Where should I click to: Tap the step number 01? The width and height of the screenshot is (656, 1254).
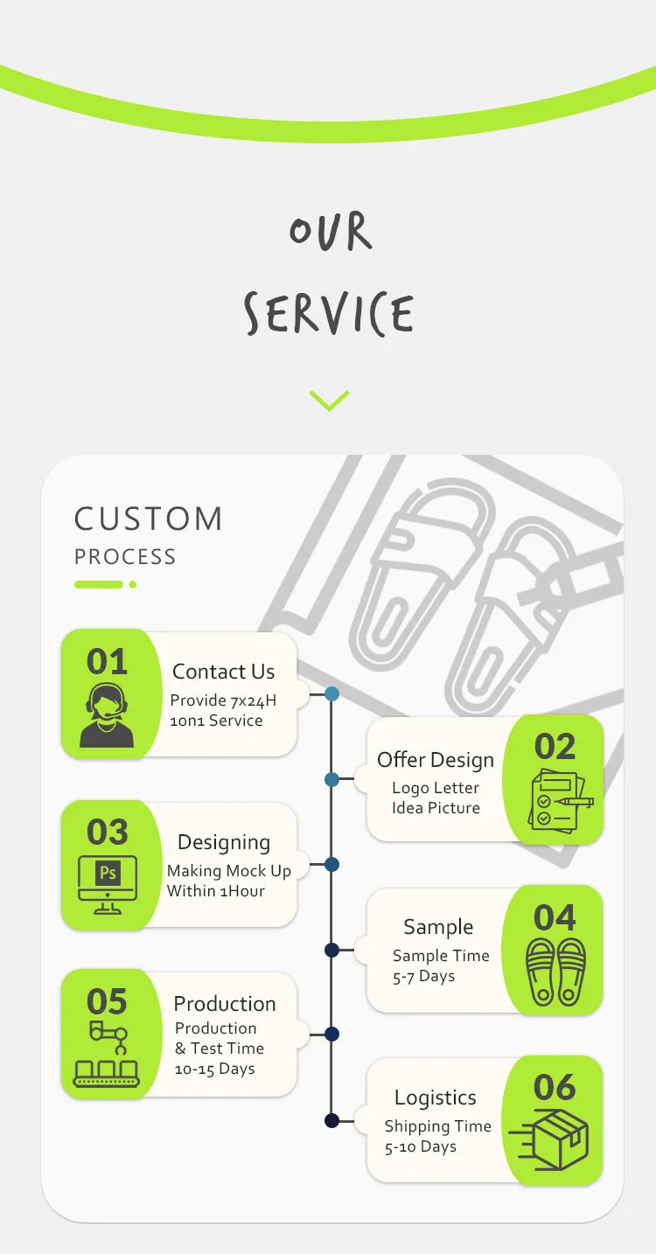point(107,662)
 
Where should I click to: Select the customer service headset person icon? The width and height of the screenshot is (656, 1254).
point(107,715)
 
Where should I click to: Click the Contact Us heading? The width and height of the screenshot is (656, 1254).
point(223,672)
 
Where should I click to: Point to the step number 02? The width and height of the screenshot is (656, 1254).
point(555,746)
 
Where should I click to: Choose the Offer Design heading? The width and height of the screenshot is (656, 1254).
point(436,760)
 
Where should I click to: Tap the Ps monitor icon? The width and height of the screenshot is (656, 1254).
point(108,884)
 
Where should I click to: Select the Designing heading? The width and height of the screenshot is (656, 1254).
point(224,842)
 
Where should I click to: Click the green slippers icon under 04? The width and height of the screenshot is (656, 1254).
point(555,972)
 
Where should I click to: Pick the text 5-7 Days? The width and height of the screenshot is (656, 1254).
point(423,976)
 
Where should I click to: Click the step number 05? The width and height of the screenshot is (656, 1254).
point(107,1001)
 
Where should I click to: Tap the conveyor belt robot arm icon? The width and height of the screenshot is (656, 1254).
point(107,1054)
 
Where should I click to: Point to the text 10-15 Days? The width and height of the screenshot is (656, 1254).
point(215,1069)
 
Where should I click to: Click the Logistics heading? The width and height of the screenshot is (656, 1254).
point(436,1097)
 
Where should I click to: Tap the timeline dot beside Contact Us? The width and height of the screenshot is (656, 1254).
point(331,694)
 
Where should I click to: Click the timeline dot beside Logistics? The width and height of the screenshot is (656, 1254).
point(331,1121)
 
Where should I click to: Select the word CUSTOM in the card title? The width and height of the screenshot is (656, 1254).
point(149,519)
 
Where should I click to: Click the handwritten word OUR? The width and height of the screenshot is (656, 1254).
point(331,231)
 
